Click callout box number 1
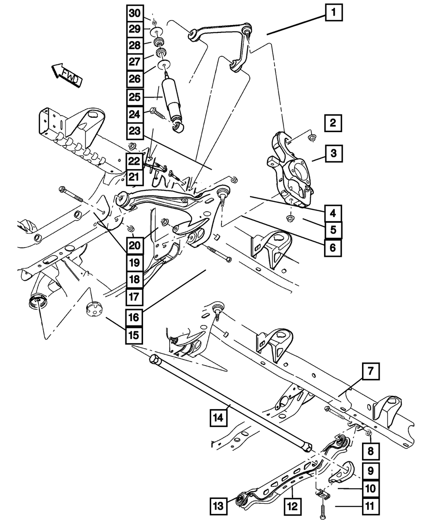[x=334, y=13]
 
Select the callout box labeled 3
[x=334, y=153]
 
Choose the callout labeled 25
[x=135, y=97]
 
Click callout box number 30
[x=135, y=13]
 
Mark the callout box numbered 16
[x=134, y=318]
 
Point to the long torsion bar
[x=228, y=401]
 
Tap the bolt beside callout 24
[x=157, y=114]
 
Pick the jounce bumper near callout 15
[x=94, y=309]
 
